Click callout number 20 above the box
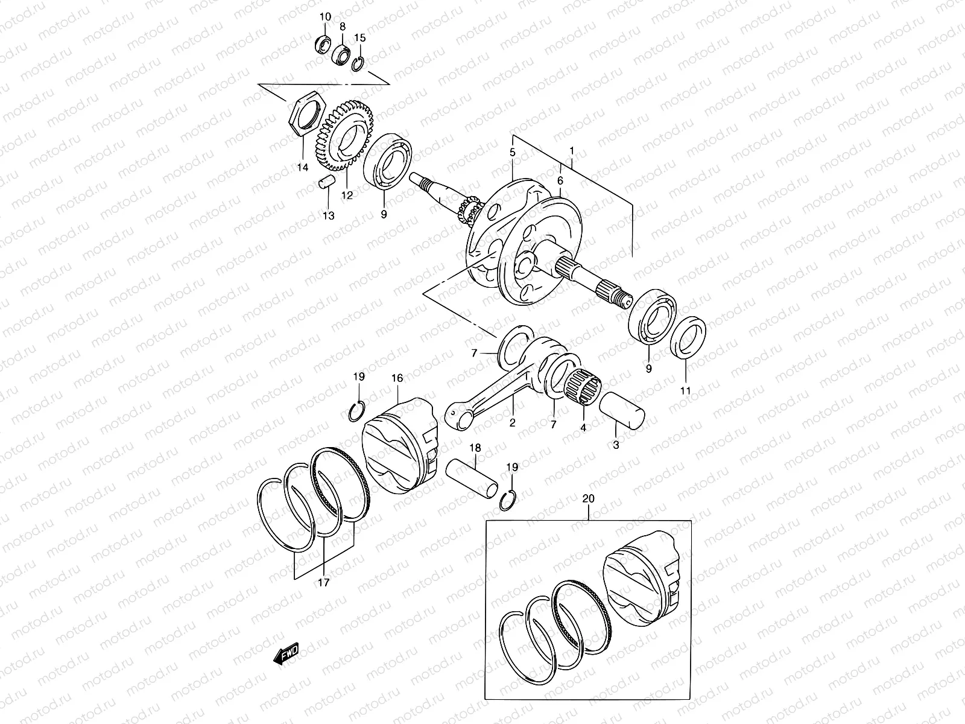coord(588,499)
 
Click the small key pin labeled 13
coord(325,182)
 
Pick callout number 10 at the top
coord(324,16)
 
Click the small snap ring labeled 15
coord(358,63)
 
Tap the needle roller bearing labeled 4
coord(582,385)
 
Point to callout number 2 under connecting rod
coord(512,423)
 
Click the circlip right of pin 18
coord(508,500)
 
